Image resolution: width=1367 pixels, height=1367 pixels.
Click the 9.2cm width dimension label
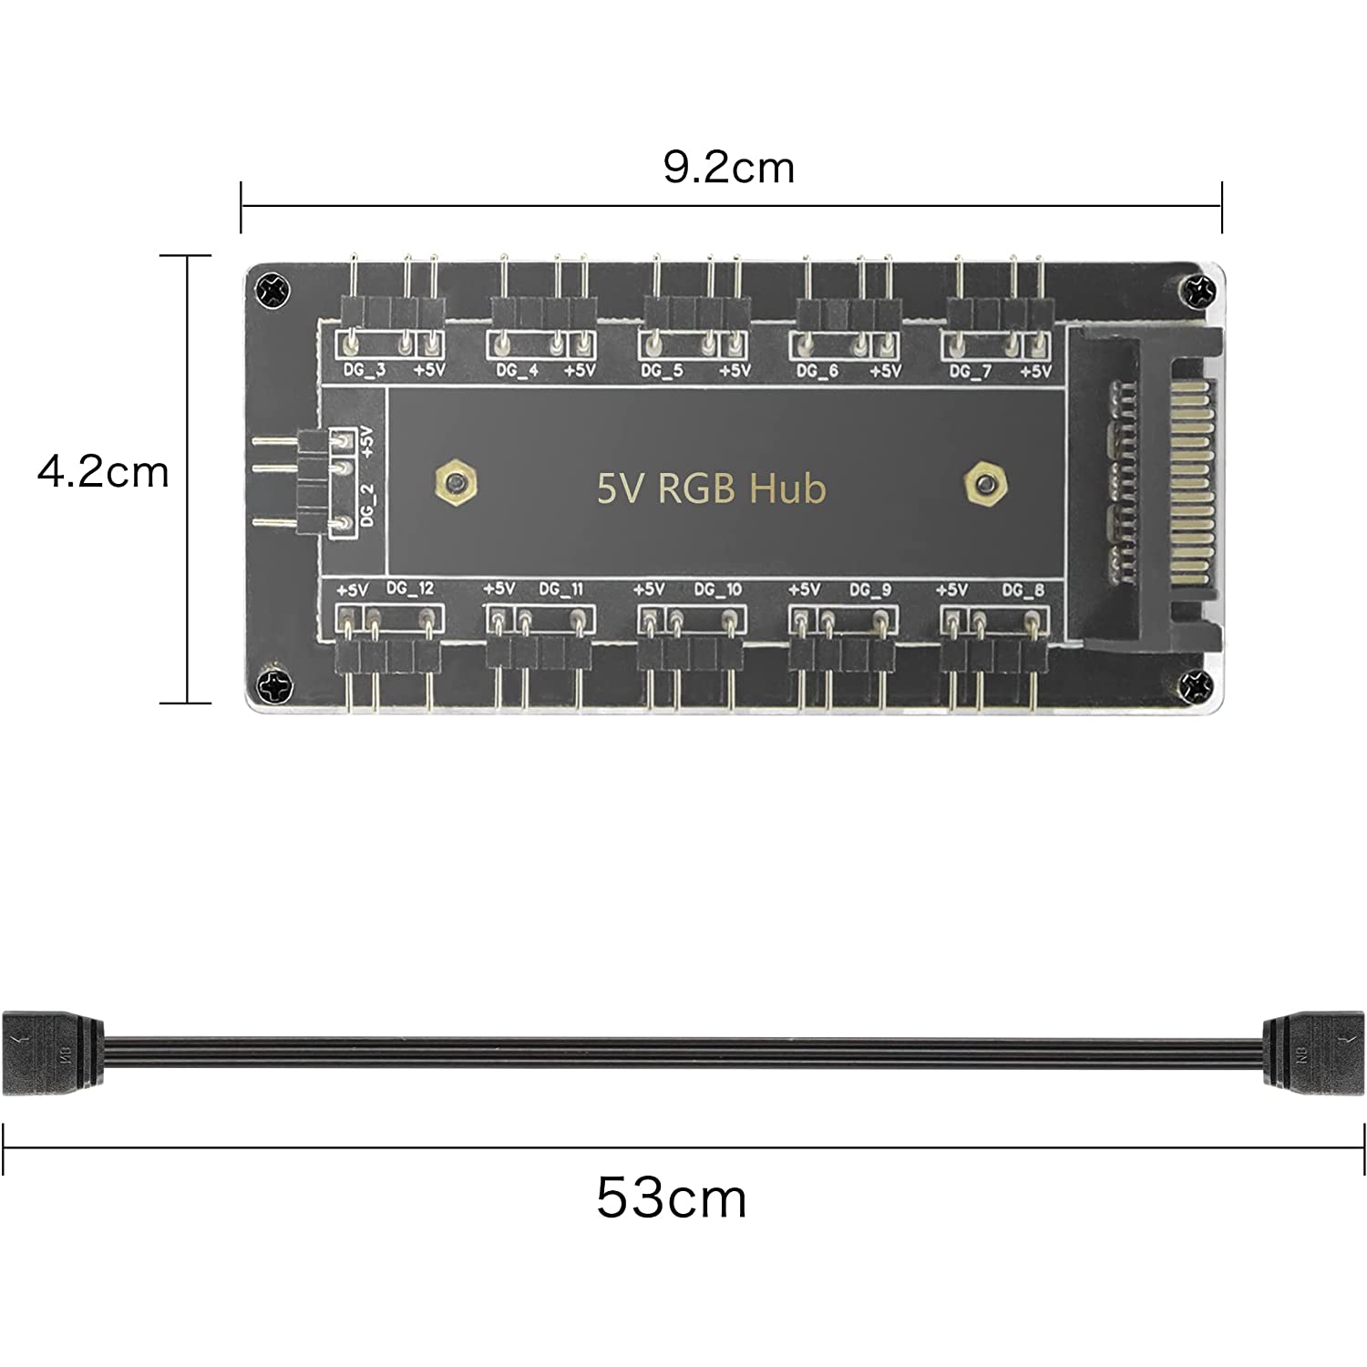[x=728, y=168]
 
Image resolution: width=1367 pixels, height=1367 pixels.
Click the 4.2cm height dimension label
[x=103, y=472]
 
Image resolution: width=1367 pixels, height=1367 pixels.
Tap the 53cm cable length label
[x=672, y=1197]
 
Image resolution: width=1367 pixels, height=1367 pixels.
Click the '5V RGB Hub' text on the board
[x=711, y=488]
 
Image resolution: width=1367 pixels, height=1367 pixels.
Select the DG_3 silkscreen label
[x=364, y=371]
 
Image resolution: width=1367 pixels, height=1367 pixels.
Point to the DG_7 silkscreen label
[x=970, y=371]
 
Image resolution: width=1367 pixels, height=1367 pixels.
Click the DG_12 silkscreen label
[x=410, y=589]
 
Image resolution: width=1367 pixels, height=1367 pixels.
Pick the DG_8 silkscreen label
[x=1023, y=590]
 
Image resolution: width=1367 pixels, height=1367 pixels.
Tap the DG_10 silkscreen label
[x=718, y=590]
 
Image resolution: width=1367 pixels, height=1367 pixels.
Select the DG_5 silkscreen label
[x=662, y=371]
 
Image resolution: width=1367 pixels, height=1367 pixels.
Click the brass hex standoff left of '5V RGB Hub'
[x=457, y=483]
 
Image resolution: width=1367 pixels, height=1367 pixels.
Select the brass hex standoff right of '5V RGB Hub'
[x=985, y=483]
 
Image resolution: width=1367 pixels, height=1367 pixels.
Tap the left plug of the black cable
[x=53, y=1052]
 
